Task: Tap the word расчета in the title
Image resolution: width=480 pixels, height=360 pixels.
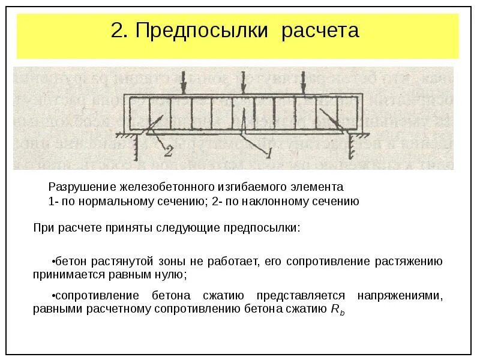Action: pyautogui.click(x=320, y=30)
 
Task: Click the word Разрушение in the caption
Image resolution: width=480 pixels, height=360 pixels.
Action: pyautogui.click(x=79, y=187)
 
